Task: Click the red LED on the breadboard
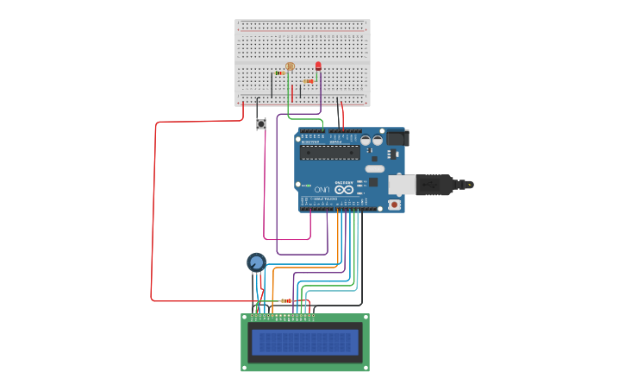[x=318, y=66]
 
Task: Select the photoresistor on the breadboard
[x=290, y=66]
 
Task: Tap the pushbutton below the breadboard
[x=261, y=124]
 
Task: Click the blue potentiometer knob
[x=256, y=262]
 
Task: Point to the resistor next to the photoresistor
[x=280, y=73]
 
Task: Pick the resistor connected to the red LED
[x=308, y=81]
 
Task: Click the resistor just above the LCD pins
[x=286, y=300]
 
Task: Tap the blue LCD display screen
[x=304, y=343]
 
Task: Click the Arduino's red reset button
[x=394, y=205]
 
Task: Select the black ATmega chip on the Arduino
[x=329, y=152]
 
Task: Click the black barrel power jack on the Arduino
[x=397, y=137]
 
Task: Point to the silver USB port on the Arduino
[x=401, y=184]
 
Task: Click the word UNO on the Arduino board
[x=321, y=189]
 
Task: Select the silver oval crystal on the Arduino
[x=375, y=168]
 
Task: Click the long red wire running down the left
[x=153, y=216]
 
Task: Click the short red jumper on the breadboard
[x=292, y=92]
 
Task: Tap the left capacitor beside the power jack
[x=366, y=140]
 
